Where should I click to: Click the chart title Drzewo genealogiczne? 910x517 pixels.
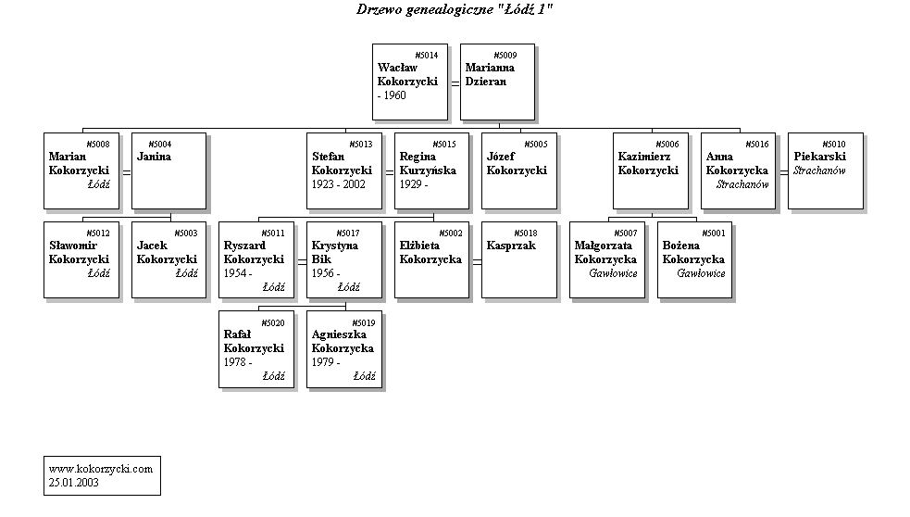(455, 9)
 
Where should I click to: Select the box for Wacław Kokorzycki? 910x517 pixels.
(409, 82)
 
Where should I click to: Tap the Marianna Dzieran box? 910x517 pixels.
(497, 82)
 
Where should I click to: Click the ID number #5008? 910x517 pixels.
(97, 145)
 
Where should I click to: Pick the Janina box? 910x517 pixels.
(168, 170)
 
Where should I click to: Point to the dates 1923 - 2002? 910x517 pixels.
(339, 184)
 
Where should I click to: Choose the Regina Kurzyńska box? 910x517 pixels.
(431, 170)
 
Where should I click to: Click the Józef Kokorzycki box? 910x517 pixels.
(518, 170)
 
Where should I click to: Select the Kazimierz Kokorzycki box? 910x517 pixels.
(650, 170)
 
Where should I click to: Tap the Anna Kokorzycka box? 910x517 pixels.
(737, 170)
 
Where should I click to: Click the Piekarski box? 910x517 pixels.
(826, 170)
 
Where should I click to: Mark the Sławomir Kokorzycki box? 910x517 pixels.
(81, 259)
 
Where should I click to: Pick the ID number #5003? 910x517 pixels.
(185, 233)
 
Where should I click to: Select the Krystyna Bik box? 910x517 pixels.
(343, 259)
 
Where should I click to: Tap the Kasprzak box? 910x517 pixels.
(518, 259)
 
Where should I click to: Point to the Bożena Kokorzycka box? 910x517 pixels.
(694, 259)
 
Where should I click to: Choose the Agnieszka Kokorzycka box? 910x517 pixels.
(343, 348)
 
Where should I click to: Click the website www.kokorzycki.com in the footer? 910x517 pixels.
(100, 469)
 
